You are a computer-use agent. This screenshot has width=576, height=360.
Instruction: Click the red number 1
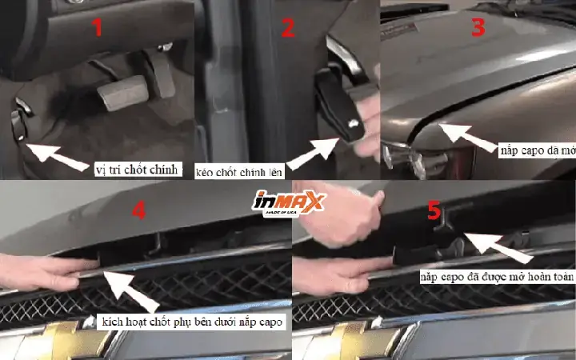coord(98,28)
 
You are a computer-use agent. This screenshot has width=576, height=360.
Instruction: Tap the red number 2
coord(288,28)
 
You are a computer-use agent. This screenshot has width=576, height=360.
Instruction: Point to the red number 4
coord(138,210)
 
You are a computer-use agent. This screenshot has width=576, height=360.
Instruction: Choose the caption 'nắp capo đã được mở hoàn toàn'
coord(496,276)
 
